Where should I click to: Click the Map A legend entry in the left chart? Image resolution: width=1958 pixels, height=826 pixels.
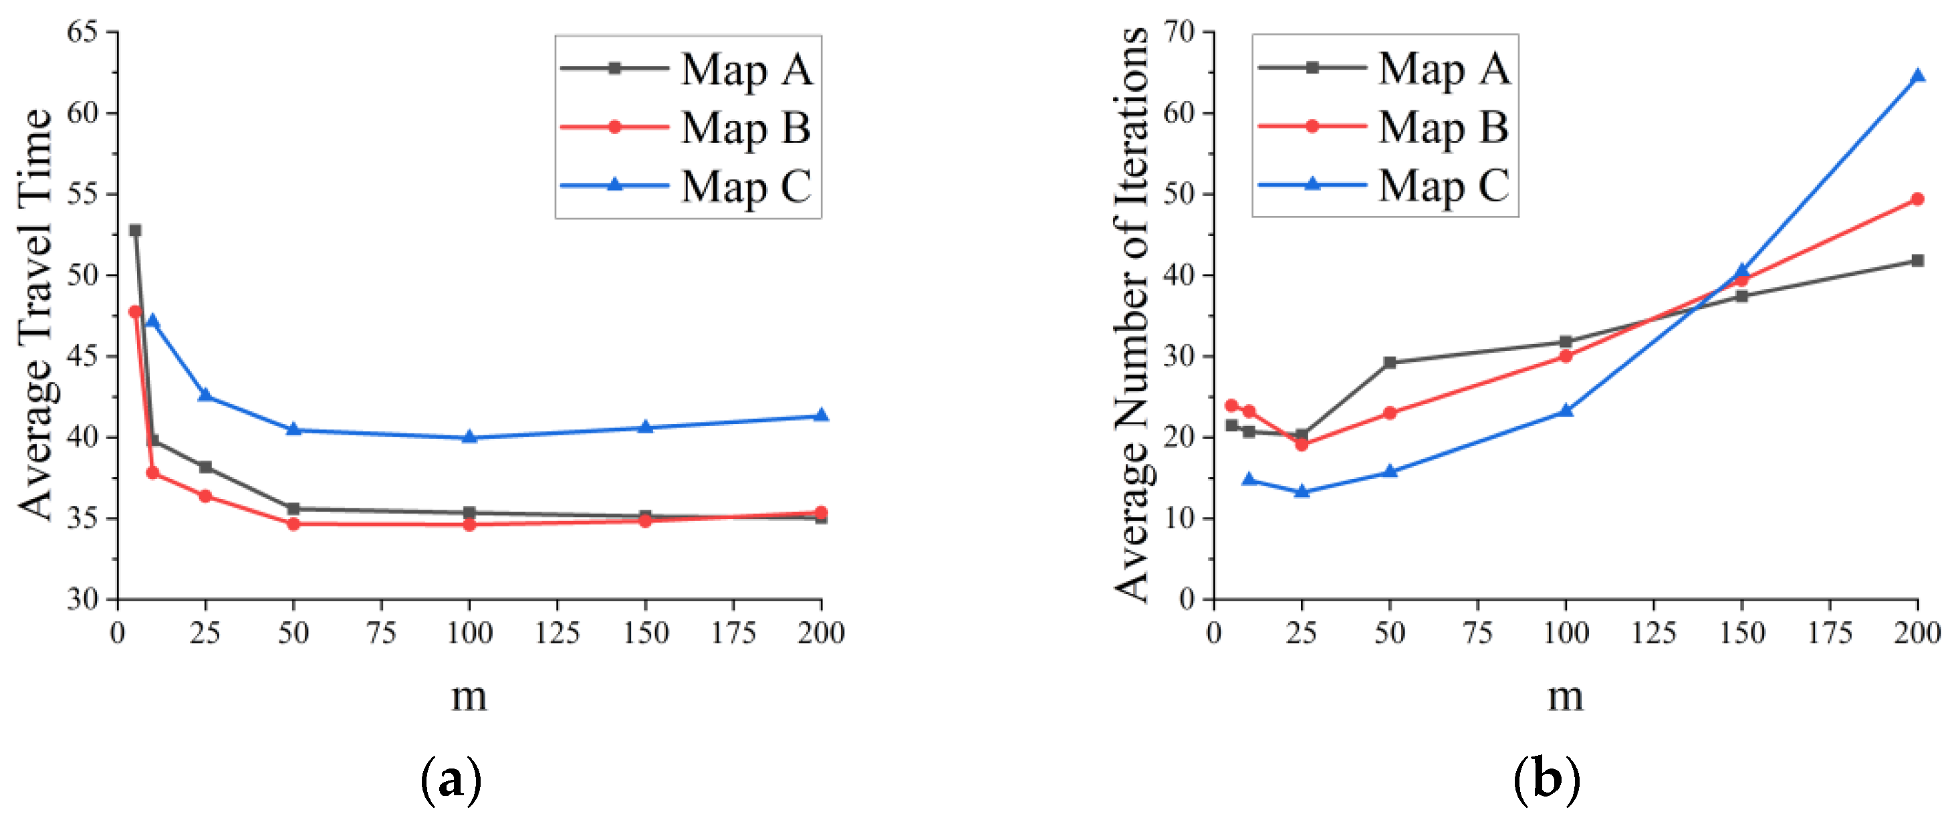tap(688, 69)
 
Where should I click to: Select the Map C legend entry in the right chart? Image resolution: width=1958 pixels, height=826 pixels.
tap(1385, 185)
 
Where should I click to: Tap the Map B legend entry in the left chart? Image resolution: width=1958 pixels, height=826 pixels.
tap(688, 127)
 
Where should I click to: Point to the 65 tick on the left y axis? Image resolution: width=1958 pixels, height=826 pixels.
tap(84, 32)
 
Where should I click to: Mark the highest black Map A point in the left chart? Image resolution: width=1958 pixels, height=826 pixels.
tap(135, 229)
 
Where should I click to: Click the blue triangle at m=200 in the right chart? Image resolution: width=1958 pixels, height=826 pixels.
tap(1918, 76)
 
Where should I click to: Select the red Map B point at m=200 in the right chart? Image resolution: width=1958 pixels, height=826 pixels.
tap(1918, 199)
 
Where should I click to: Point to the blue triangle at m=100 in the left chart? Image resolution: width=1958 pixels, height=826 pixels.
tap(469, 437)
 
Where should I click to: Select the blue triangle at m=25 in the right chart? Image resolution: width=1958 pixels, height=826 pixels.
tap(1302, 492)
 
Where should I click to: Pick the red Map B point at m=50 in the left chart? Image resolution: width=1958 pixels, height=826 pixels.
tap(293, 524)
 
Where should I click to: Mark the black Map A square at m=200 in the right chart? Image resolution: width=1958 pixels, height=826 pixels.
tap(1918, 261)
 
